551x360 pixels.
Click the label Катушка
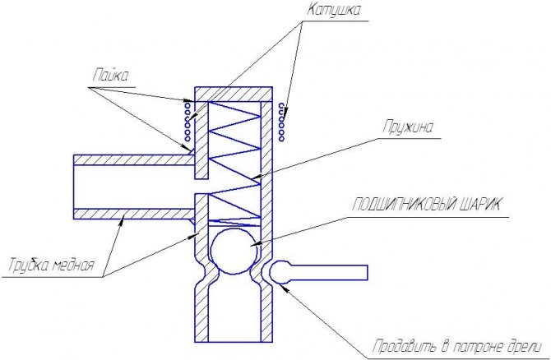pos(334,10)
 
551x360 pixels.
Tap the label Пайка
pos(111,76)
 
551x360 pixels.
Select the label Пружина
pos(408,127)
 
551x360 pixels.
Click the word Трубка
pos(29,265)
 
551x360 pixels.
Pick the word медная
pos(73,265)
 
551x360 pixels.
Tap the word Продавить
pos(405,346)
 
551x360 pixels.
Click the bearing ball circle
pos(234,251)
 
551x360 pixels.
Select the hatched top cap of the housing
pos(234,95)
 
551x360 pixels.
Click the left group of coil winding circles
pos(188,121)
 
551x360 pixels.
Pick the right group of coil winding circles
pos(281,121)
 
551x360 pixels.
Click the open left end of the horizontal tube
pos(74,187)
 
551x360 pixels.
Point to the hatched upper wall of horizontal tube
pos(134,159)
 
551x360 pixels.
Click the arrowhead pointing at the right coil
pos(285,114)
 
